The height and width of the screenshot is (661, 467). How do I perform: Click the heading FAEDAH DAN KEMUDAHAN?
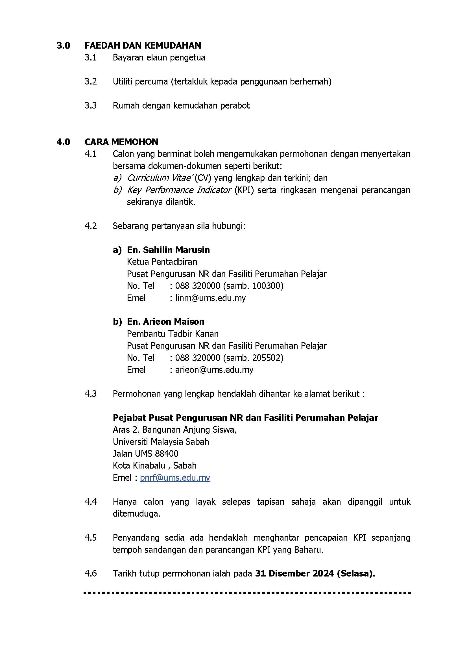click(x=143, y=45)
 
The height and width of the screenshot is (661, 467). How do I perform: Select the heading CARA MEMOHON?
click(x=121, y=142)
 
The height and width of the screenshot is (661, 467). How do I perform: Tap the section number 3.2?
click(x=91, y=81)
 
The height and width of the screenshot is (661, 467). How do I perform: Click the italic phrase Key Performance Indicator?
click(x=179, y=190)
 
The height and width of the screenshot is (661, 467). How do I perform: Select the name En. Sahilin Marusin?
click(x=168, y=250)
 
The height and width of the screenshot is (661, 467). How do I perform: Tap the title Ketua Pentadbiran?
click(x=162, y=262)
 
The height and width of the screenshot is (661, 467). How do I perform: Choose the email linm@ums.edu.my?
click(x=211, y=298)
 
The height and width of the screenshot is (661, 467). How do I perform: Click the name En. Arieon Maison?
click(x=166, y=322)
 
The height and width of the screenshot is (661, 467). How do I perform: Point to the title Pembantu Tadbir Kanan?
click(x=173, y=334)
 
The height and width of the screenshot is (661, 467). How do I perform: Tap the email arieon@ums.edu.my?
click(x=214, y=370)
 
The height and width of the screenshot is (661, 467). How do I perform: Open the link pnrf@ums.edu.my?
click(x=175, y=478)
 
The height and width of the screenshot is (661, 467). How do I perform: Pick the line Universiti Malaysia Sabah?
click(x=161, y=442)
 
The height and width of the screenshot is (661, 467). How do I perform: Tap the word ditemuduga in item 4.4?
click(x=136, y=513)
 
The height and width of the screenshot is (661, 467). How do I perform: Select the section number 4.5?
click(x=91, y=538)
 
